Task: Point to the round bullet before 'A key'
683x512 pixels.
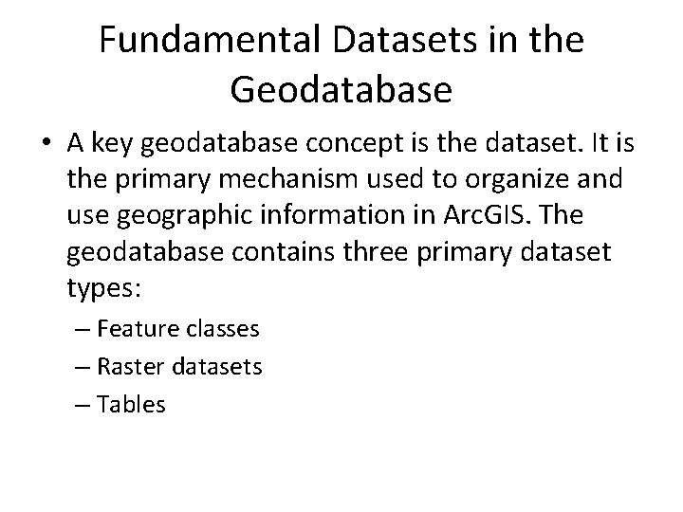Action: click(47, 143)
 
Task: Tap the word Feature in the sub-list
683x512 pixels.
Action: click(133, 329)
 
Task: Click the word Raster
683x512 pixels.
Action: click(127, 367)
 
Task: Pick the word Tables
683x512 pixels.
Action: click(131, 405)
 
